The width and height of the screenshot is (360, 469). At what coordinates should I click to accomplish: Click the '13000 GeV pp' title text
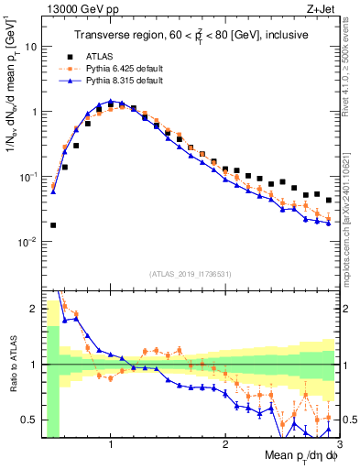(71, 9)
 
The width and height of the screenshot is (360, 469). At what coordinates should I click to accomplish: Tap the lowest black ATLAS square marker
(53, 224)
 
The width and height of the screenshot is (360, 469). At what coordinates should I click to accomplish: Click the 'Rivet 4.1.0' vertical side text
(350, 69)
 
